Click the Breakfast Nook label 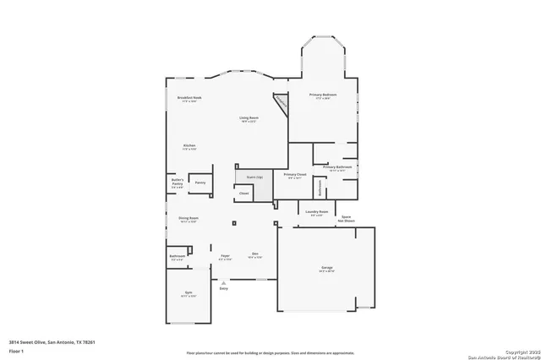(189, 98)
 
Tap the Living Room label (249, 118)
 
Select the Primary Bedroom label (323, 95)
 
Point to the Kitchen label (189, 146)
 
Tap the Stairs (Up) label (254, 177)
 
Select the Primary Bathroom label (337, 167)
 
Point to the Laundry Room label (317, 212)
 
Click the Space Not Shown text (347, 219)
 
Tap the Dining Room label (188, 219)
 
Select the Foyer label (225, 255)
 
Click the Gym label (188, 294)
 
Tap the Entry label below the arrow (224, 289)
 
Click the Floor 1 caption (16, 351)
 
